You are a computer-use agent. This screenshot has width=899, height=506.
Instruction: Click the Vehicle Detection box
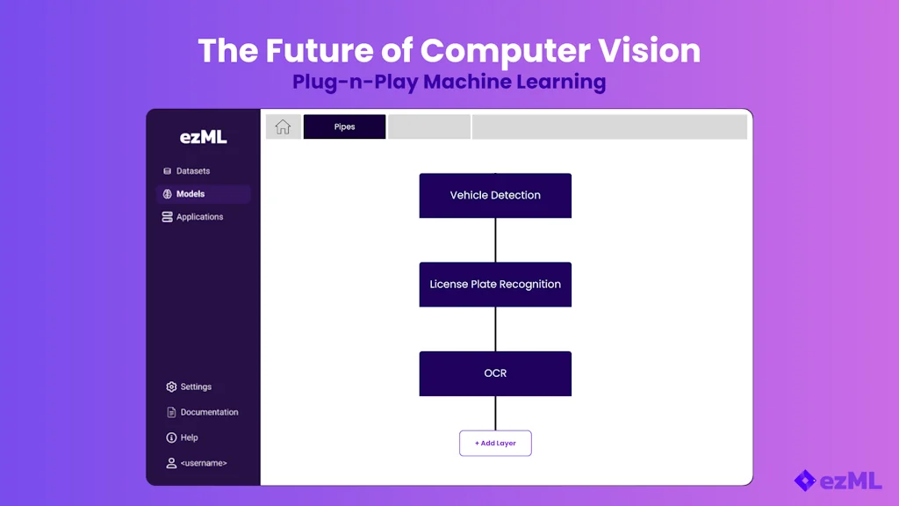point(495,195)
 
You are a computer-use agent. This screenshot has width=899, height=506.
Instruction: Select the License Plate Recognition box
point(495,285)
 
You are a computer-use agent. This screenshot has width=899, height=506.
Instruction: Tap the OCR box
point(495,373)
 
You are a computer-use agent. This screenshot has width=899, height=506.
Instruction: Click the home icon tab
point(283,126)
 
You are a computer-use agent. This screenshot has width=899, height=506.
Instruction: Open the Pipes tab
point(344,126)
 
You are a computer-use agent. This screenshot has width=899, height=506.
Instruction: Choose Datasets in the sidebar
point(192,171)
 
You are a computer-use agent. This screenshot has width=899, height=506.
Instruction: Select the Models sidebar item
point(191,194)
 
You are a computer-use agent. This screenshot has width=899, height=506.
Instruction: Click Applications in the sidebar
point(199,217)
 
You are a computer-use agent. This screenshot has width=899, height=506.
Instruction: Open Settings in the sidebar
point(196,387)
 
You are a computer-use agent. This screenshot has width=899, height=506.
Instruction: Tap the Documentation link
point(209,412)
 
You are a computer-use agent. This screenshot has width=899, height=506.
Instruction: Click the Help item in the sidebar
point(189,437)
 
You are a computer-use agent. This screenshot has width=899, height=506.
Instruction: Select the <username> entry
point(203,463)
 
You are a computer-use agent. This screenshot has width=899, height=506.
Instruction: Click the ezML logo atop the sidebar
point(203,136)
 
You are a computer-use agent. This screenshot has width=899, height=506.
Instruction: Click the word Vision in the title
point(653,51)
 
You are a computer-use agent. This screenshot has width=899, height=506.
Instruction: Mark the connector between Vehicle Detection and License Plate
point(495,240)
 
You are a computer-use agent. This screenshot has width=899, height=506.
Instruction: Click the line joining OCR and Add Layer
point(495,413)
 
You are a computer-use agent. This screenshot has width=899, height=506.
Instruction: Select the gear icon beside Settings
point(171,387)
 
